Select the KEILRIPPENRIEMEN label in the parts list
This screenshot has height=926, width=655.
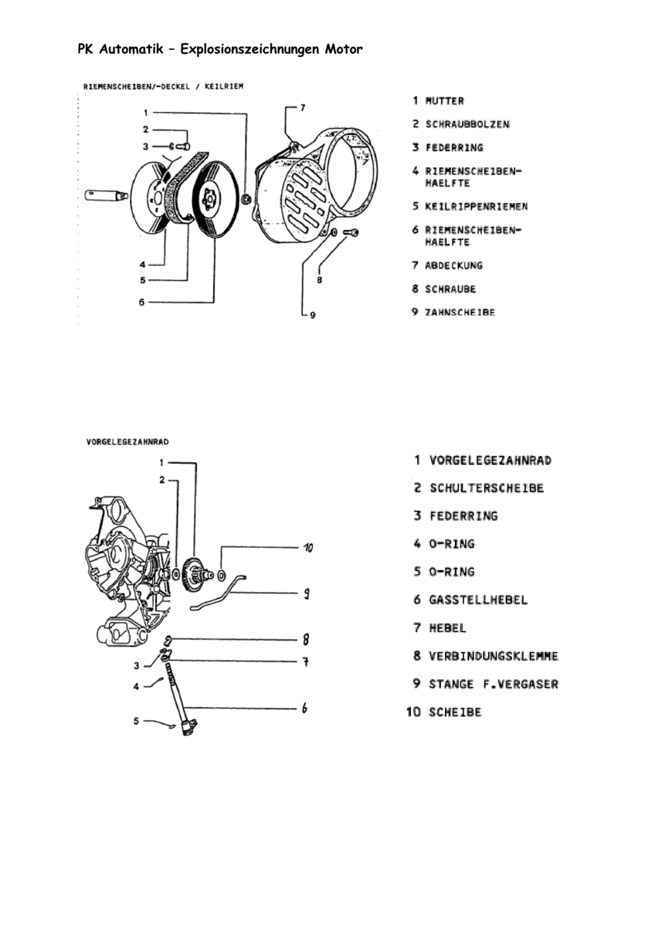coord(476,207)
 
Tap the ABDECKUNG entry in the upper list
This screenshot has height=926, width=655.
coord(453,265)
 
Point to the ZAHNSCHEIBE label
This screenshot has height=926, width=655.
coord(460,313)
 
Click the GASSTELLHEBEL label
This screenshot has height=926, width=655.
coord(478,600)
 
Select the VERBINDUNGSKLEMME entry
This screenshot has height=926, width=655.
coord(494,657)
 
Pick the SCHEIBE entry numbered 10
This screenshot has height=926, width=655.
coord(455,712)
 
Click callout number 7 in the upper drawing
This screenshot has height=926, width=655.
coord(302,108)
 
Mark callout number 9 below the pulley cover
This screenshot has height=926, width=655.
coord(312,315)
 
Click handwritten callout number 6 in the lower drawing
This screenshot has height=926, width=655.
coord(305,708)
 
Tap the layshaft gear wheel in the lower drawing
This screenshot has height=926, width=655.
coord(195,574)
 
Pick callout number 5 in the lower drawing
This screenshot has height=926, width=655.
coord(136,722)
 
